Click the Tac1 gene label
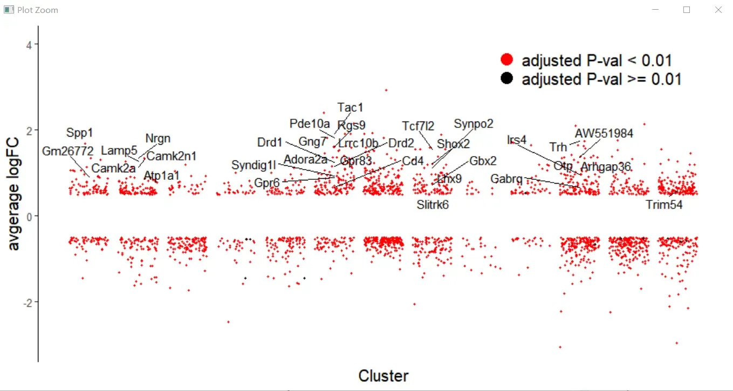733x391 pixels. coord(350,107)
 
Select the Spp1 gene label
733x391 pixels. coord(80,132)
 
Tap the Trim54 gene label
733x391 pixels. coord(664,205)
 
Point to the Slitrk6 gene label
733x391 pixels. coord(433,205)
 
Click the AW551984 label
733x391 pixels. coord(604,133)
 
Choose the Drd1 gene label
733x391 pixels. coord(270,143)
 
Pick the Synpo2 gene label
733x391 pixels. coord(473,124)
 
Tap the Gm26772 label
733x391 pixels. coord(68,151)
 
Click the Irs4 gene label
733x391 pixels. coord(516,140)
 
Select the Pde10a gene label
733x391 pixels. coord(310,124)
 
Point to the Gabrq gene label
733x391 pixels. coord(506,179)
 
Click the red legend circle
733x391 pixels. coord(506,60)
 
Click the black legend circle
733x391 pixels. coord(506,79)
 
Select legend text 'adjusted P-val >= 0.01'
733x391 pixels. coord(601,79)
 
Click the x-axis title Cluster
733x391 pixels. coord(383,376)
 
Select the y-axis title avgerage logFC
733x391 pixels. coord(15,194)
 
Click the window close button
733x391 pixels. coord(718,10)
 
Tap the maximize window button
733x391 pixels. coord(687,10)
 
